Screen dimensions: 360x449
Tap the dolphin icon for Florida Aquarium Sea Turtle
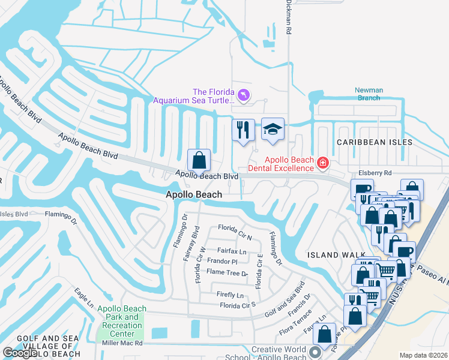pyautogui.click(x=244, y=95)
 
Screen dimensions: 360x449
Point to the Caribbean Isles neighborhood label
pyautogui.click(x=374, y=142)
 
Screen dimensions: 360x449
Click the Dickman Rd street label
pyautogui.click(x=289, y=18)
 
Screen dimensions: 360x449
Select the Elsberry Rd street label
pyautogui.click(x=375, y=173)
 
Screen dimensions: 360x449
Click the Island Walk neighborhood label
pyautogui.click(x=331, y=255)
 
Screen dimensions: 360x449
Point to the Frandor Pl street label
pyautogui.click(x=222, y=262)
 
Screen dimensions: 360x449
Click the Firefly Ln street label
pyautogui.click(x=231, y=295)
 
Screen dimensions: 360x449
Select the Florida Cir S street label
pyautogui.click(x=238, y=305)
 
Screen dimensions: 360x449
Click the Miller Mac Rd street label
pyautogui.click(x=122, y=343)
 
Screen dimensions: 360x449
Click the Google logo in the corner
pyautogui.click(x=20, y=353)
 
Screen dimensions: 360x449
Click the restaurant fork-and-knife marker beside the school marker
pyautogui.click(x=243, y=130)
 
